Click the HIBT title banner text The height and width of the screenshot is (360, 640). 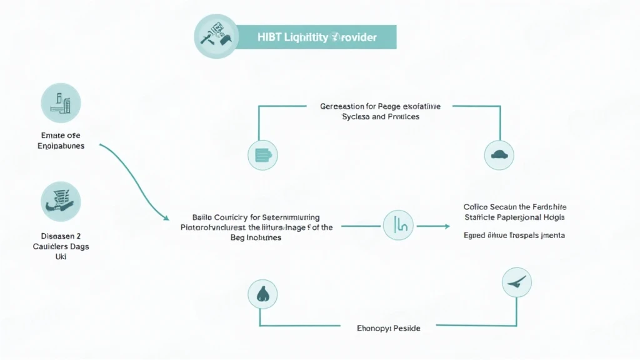[x=317, y=37]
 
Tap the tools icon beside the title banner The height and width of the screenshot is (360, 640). [x=216, y=35]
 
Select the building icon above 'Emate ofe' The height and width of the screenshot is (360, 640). [x=61, y=103]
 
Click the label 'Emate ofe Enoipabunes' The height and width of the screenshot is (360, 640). [x=60, y=140]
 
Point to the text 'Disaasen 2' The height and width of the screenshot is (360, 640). [x=60, y=236]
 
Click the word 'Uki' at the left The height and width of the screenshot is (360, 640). [x=60, y=256]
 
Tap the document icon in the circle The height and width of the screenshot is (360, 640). [x=262, y=155]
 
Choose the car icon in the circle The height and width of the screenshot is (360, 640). [x=499, y=154]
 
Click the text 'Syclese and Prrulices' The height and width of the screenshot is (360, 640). [x=381, y=117]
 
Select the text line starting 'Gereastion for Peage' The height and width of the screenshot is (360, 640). [x=380, y=106]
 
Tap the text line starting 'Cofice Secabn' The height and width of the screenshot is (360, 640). [x=515, y=206]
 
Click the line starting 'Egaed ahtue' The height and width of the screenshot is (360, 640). [x=514, y=236]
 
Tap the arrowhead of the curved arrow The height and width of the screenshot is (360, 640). [x=167, y=219]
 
